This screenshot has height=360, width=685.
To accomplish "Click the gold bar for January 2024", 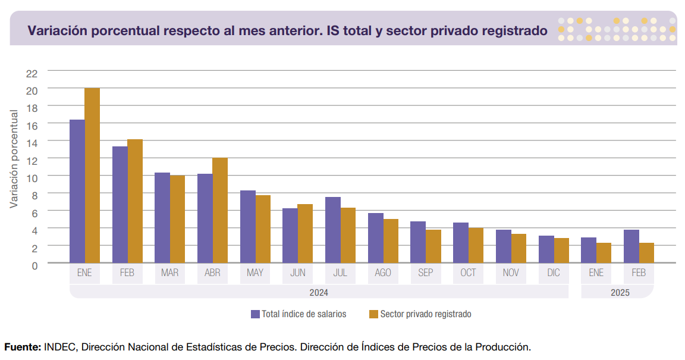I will tap(92, 176).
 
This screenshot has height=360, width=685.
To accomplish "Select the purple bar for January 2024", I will tap(77, 191).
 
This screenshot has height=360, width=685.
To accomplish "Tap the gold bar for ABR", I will tap(220, 210).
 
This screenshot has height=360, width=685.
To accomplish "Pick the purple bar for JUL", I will tap(333, 230).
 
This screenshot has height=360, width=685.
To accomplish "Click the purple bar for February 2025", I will tap(631, 246).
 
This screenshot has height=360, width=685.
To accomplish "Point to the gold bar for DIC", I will tap(561, 251).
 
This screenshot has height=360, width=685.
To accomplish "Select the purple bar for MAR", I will tap(162, 218).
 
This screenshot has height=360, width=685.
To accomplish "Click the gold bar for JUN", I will tap(305, 233).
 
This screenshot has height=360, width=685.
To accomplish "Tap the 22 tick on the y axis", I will tap(32, 73).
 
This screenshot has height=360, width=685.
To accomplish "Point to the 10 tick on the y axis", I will tap(32, 177).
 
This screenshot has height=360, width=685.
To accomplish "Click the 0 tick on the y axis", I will tap(34, 265).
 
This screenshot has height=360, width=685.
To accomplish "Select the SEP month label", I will tap(426, 273).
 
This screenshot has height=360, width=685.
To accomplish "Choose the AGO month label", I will tap(383, 273).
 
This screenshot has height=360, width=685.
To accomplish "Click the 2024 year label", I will tap(319, 293).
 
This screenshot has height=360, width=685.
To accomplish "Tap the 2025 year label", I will tap(620, 293).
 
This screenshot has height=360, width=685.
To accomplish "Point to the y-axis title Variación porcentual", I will tap(14, 157).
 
